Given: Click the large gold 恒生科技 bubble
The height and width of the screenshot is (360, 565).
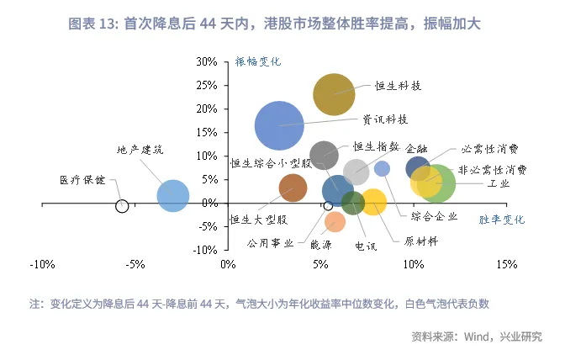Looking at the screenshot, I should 334,93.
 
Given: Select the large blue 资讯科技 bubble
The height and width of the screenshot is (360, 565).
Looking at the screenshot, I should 279,125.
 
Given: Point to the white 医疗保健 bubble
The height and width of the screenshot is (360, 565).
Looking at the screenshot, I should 122,205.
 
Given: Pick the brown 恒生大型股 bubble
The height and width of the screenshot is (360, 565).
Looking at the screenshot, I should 293,188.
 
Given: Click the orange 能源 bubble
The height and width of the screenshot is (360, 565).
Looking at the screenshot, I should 335,222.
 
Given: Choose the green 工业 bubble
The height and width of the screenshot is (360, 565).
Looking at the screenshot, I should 438,183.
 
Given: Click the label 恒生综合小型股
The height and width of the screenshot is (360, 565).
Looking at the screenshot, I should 272,163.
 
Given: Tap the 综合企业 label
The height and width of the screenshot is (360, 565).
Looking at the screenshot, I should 435,216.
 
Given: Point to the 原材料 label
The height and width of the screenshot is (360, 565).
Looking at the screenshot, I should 421,241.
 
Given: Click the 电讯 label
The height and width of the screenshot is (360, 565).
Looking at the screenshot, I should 366,246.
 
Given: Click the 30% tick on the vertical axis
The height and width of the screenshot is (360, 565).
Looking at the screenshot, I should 207,62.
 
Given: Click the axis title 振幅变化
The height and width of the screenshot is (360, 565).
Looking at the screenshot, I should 258,61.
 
